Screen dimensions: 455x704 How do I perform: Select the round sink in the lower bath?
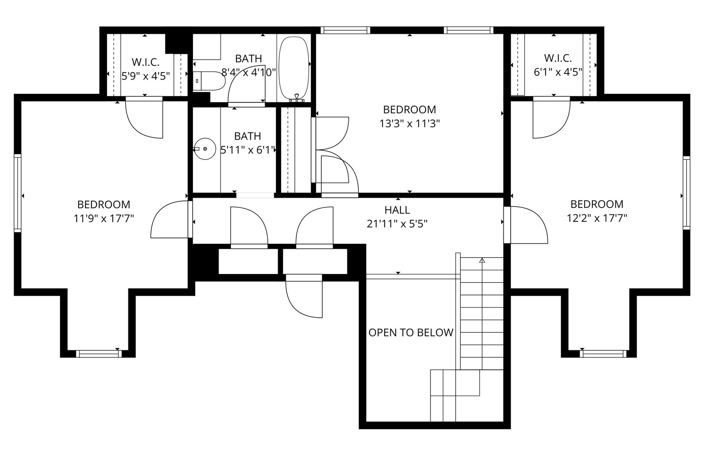point(205,149)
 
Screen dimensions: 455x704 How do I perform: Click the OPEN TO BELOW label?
point(411,333)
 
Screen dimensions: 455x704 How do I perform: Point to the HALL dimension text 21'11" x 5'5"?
point(397,224)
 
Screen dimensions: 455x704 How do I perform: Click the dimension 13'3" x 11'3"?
point(409,123)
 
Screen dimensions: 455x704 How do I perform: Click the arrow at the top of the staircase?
point(482,261)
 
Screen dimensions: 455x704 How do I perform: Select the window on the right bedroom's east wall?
point(686,193)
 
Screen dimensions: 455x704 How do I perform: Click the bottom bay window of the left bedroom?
point(99,354)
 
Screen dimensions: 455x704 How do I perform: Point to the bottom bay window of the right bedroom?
point(603,354)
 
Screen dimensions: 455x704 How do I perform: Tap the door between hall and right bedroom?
point(526,225)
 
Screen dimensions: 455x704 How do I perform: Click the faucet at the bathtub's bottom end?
point(297,98)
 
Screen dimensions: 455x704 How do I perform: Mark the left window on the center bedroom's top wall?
point(345,30)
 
